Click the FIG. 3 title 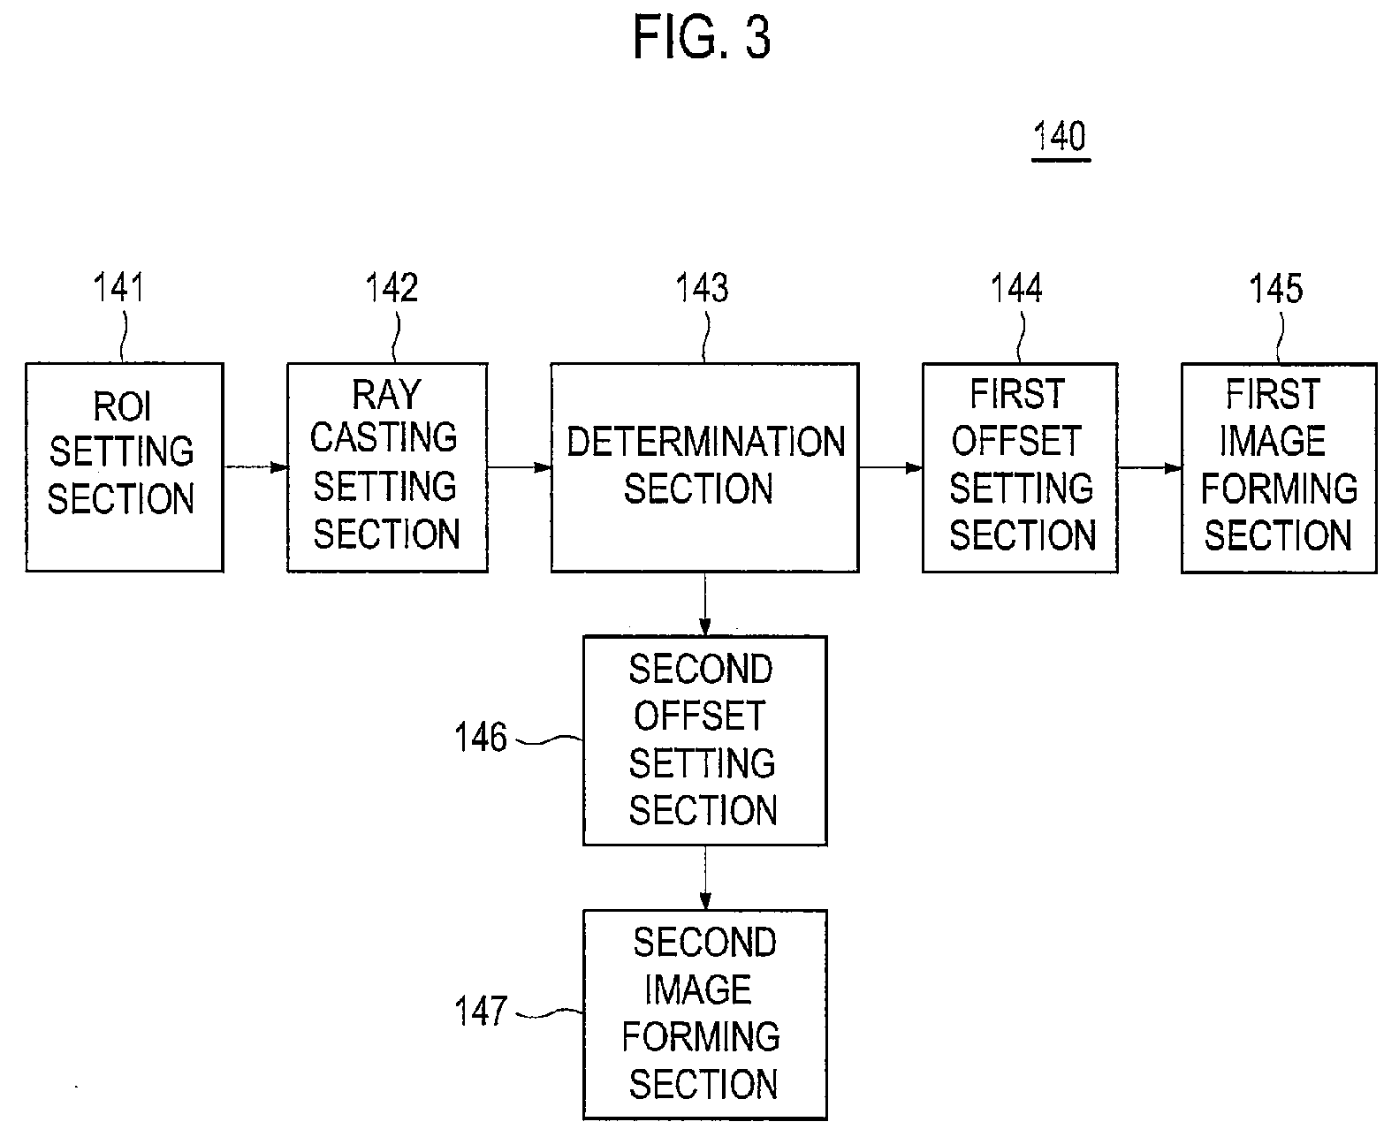(702, 37)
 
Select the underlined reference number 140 (1061, 137)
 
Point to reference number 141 (118, 287)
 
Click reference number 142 (392, 287)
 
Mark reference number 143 (702, 287)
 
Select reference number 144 (1016, 287)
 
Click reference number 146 (481, 737)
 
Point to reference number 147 (481, 1011)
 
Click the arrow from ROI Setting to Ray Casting (255, 467)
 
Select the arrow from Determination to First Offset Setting (891, 467)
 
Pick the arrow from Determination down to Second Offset (704, 604)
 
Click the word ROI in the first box (123, 406)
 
